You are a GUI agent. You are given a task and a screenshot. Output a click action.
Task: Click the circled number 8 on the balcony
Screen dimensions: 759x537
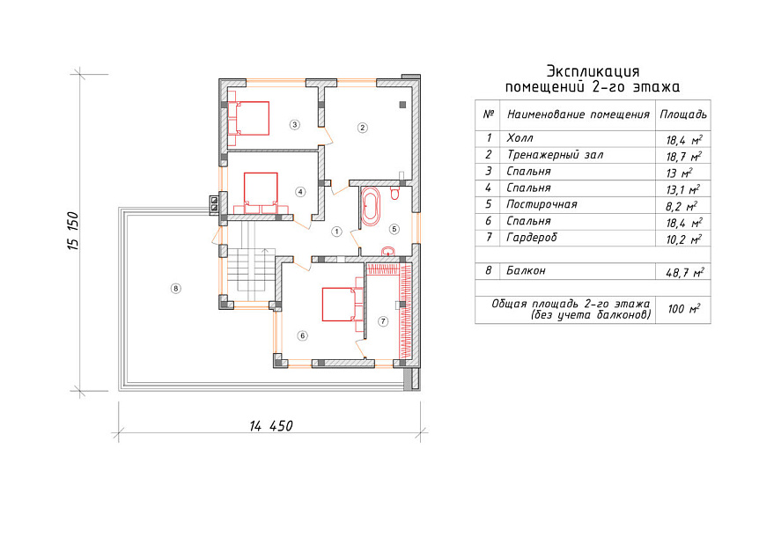coord(176,289)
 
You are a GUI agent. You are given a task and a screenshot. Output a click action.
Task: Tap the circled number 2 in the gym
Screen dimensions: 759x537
coord(363,128)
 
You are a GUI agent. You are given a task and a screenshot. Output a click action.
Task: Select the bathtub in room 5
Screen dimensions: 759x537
coord(372,207)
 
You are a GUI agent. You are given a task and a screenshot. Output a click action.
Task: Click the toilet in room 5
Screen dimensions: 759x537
coord(394,194)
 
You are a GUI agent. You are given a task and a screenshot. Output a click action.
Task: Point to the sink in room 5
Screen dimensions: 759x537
coord(388,252)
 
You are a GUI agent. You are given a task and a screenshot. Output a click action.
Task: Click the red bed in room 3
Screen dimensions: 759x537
coord(248,118)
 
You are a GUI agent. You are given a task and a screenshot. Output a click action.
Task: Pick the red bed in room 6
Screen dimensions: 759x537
coord(343,305)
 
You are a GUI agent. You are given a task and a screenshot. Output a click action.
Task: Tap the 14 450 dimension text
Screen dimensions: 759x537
coord(271,426)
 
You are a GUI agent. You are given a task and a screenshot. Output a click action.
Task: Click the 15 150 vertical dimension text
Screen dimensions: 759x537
coord(72,231)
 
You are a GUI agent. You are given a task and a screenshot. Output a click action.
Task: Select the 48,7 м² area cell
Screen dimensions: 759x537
coord(684,272)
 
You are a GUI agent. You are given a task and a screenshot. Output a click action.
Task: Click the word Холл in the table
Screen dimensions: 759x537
coord(520,138)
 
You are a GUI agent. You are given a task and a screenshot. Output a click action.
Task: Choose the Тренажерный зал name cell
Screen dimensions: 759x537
coord(555,155)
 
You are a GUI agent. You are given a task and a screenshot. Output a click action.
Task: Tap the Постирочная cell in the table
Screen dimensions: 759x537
coord(542,204)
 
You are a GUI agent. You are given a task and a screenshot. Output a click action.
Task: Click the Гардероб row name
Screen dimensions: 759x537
coord(532,238)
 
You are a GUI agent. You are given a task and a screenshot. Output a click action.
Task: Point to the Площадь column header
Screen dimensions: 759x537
coord(683,114)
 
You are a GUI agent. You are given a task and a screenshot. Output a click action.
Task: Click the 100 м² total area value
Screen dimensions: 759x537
coord(684,309)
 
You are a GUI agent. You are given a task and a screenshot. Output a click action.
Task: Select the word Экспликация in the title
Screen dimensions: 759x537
coord(593,71)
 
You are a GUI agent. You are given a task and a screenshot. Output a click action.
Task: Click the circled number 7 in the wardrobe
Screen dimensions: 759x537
coord(383,321)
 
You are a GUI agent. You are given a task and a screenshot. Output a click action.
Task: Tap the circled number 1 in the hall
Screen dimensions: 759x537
coord(336,232)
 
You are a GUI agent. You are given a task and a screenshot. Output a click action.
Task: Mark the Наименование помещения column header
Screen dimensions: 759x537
coord(578,114)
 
